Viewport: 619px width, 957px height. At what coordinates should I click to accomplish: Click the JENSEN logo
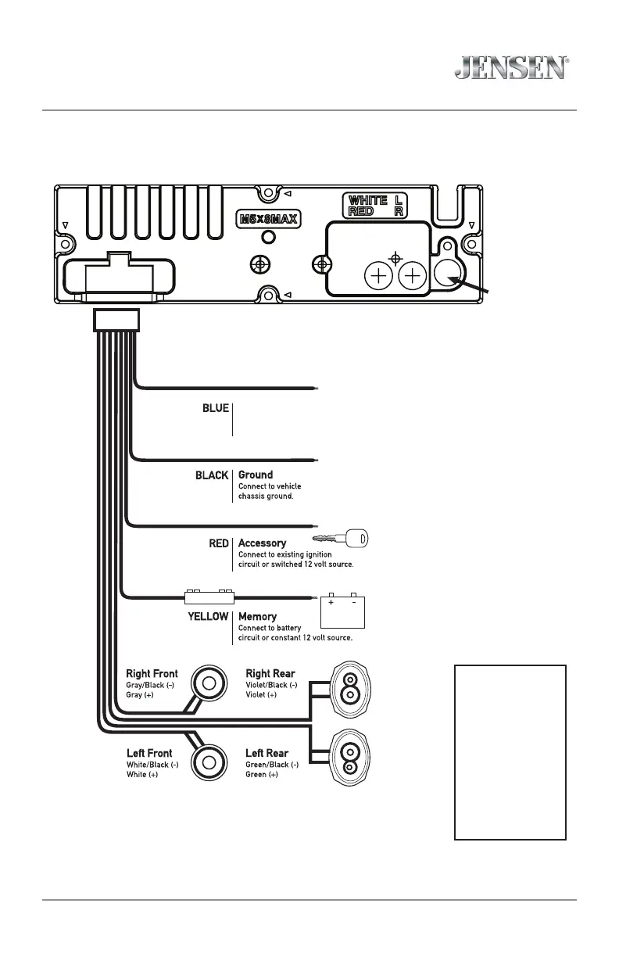pyautogui.click(x=511, y=66)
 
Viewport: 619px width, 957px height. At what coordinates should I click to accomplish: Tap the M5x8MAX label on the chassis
pyautogui.click(x=269, y=218)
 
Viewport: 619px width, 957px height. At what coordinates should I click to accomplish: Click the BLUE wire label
pyautogui.click(x=216, y=408)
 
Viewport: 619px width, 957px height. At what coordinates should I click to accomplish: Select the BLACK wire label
pyautogui.click(x=212, y=475)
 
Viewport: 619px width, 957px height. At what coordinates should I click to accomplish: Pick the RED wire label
pyautogui.click(x=219, y=543)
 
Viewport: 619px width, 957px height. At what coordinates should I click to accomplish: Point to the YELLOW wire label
pyautogui.click(x=208, y=617)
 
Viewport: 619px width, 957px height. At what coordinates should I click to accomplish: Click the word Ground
pyautogui.click(x=256, y=475)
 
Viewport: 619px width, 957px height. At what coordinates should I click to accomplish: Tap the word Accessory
pyautogui.click(x=262, y=543)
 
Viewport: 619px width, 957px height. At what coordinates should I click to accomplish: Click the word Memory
pyautogui.click(x=257, y=617)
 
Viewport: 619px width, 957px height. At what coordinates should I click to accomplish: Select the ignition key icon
pyautogui.click(x=341, y=539)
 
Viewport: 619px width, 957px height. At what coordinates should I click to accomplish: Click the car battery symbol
pyautogui.click(x=342, y=612)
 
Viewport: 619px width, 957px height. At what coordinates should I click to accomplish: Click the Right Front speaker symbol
pyautogui.click(x=209, y=683)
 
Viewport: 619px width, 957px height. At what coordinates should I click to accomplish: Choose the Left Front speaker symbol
pyautogui.click(x=209, y=762)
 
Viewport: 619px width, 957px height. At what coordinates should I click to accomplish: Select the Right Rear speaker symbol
pyautogui.click(x=350, y=686)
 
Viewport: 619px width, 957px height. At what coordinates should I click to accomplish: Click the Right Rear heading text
pyautogui.click(x=270, y=673)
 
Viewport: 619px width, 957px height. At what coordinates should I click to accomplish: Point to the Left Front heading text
pyautogui.click(x=149, y=754)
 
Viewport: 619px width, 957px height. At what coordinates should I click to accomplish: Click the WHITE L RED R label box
pyautogui.click(x=377, y=206)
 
